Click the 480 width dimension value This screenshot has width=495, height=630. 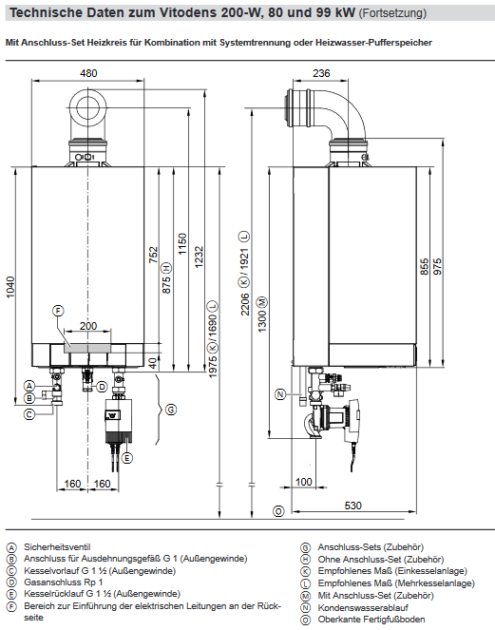pyautogui.click(x=88, y=73)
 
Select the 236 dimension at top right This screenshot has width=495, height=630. pyautogui.click(x=321, y=73)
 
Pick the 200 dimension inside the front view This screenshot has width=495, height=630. pyautogui.click(x=88, y=326)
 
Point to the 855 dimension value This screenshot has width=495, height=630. pyautogui.click(x=425, y=268)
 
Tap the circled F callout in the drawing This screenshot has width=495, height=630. pyautogui.click(x=57, y=312)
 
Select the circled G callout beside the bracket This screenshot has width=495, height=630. pyautogui.click(x=170, y=410)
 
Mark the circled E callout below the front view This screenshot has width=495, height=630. pyautogui.click(x=125, y=458)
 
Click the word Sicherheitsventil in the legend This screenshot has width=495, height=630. pyautogui.click(x=57, y=547)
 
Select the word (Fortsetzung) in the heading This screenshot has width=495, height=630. pyautogui.click(x=387, y=13)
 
